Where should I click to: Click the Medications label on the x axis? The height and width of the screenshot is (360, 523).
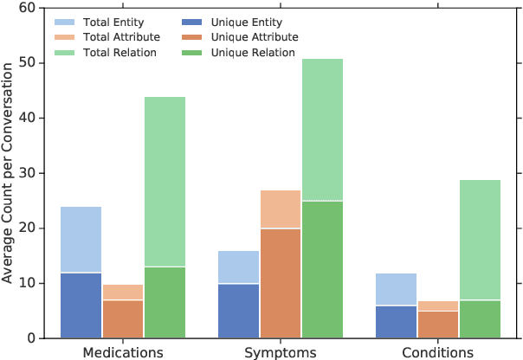[x=122, y=352]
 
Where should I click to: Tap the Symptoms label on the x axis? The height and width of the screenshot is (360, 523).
[x=280, y=352]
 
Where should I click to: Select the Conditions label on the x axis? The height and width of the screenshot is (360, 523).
[x=437, y=352]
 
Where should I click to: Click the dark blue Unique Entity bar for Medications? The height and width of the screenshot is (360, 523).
[x=81, y=305]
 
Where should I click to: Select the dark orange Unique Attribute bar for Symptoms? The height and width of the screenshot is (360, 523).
[x=280, y=283]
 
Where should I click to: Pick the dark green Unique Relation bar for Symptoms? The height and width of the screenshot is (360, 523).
[x=322, y=269]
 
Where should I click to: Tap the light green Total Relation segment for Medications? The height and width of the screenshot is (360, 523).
[x=165, y=182]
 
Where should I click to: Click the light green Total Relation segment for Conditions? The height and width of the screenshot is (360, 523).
[x=480, y=240]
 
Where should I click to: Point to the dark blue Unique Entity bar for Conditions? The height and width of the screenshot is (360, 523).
[x=396, y=321]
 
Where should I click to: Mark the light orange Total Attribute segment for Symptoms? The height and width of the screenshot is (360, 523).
[x=280, y=209]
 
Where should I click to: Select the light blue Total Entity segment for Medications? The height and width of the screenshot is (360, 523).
[x=81, y=240]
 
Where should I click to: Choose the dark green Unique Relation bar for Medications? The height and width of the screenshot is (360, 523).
[x=165, y=302]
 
